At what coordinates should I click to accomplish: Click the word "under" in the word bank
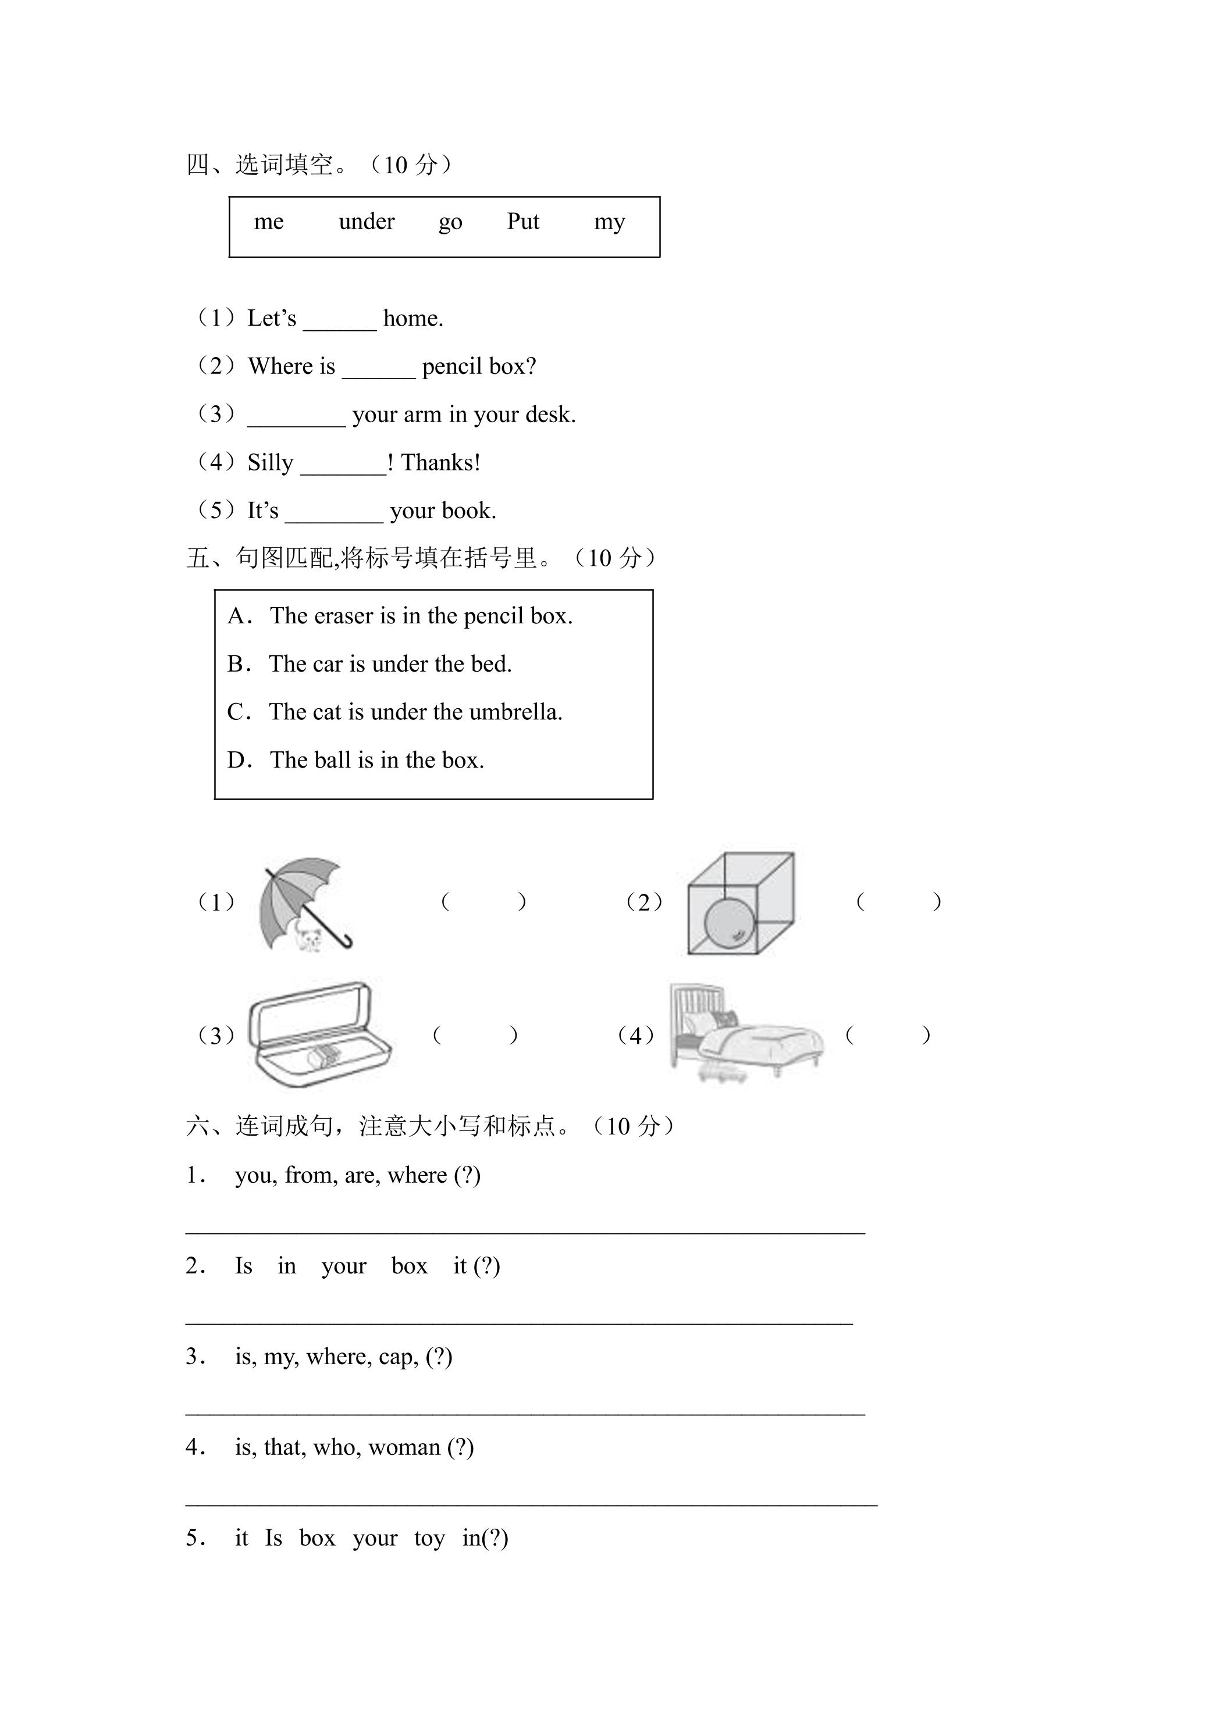[367, 222]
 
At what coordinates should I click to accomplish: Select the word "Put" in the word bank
[523, 222]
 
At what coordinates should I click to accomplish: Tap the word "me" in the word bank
[269, 223]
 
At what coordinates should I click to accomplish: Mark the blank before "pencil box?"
[379, 377]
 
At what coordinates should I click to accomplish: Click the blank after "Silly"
[344, 473]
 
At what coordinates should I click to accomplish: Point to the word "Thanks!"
[440, 462]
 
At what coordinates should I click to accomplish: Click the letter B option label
[236, 665]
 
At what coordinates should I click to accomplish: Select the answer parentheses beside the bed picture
[888, 1034]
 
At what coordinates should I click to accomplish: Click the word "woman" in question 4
[404, 1447]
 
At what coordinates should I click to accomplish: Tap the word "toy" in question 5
[429, 1539]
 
